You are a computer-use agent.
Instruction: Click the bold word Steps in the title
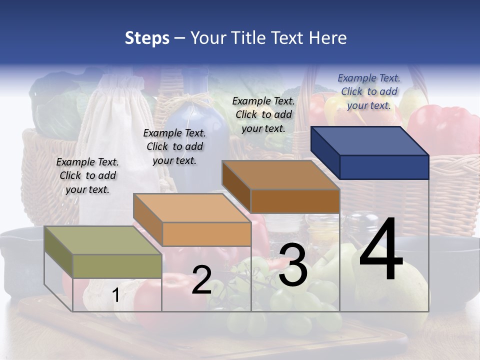click(147, 37)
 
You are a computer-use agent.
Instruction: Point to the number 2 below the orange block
click(201, 280)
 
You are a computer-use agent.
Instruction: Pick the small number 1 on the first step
click(115, 295)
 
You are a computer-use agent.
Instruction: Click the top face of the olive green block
click(102, 240)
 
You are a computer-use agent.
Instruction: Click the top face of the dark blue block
click(369, 141)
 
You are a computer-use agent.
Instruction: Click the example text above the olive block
click(87, 175)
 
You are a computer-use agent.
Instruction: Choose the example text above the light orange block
click(174, 146)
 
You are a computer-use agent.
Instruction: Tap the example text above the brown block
click(263, 114)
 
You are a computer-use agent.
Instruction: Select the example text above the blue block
click(369, 91)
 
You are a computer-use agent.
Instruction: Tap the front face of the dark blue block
click(384, 167)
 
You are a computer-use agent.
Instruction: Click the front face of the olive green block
click(117, 266)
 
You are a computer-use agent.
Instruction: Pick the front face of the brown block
click(295, 201)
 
